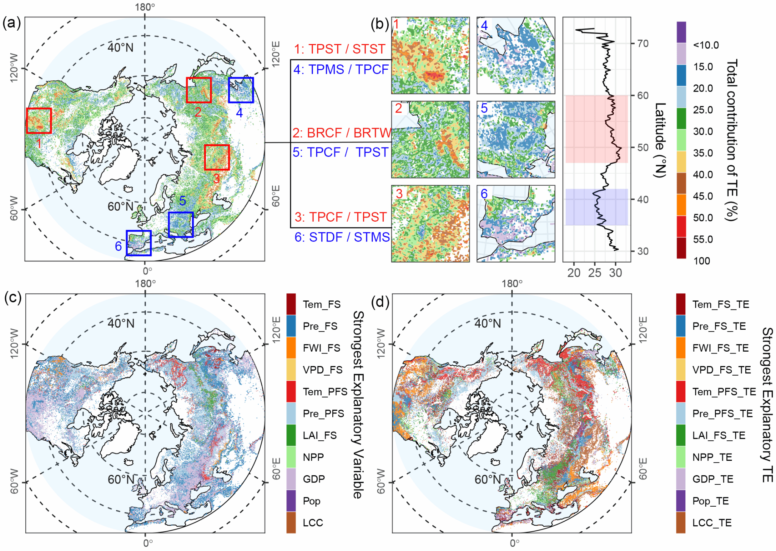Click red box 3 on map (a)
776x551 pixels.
click(217, 157)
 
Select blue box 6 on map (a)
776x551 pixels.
click(139, 243)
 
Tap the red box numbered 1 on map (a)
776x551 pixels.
click(39, 121)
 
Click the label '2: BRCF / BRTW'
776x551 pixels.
click(341, 133)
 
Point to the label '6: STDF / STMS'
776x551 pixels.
click(342, 237)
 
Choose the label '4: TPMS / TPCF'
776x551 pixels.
click(341, 69)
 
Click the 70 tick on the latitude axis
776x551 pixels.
click(643, 44)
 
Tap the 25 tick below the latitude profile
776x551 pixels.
click(595, 273)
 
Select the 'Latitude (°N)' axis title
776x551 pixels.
click(660, 140)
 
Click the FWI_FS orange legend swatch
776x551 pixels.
click(291, 348)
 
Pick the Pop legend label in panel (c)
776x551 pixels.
click(311, 501)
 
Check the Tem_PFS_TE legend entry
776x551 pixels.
click(724, 391)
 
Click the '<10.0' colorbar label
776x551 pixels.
click(706, 45)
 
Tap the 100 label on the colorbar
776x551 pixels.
click(702, 261)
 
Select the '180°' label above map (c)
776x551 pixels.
click(145, 283)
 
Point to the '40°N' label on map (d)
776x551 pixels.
click(488, 323)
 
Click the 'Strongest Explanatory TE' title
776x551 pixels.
click(767, 405)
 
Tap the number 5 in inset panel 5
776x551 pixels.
click(484, 108)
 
